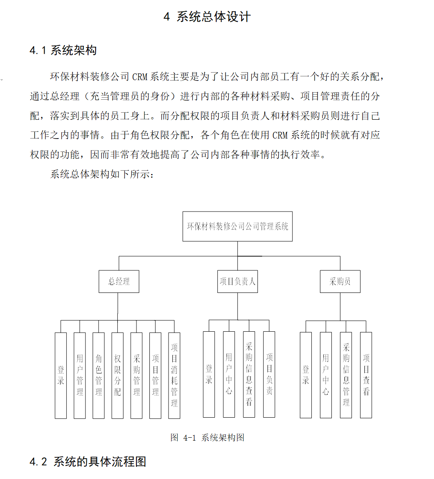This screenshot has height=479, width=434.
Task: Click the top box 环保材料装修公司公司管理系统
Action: click(x=237, y=227)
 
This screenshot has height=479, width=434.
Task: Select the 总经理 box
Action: click(x=119, y=282)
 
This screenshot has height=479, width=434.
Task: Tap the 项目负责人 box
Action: click(x=237, y=282)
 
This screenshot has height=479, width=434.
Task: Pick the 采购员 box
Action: click(x=340, y=282)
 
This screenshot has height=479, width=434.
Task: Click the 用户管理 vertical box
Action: click(x=80, y=375)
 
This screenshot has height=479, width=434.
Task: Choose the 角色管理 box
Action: click(x=98, y=375)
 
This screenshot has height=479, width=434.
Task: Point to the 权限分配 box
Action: click(x=118, y=375)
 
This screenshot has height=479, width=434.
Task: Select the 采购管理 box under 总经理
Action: click(x=136, y=375)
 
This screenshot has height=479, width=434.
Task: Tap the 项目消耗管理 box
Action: click(x=174, y=375)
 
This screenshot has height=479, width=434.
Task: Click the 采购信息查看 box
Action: click(x=249, y=374)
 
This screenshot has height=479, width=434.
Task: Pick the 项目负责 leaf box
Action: click(x=269, y=374)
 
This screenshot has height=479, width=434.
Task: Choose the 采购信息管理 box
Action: click(x=346, y=375)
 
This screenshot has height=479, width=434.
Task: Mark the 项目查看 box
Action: click(x=366, y=375)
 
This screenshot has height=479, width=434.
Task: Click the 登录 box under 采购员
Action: click(x=306, y=375)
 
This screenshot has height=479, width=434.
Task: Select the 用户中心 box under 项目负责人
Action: click(x=229, y=374)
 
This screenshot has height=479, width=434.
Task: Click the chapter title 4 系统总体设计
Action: click(x=207, y=17)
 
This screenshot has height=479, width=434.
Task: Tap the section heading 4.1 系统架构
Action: click(x=63, y=51)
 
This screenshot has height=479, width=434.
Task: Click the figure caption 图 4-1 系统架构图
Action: click(x=207, y=437)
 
